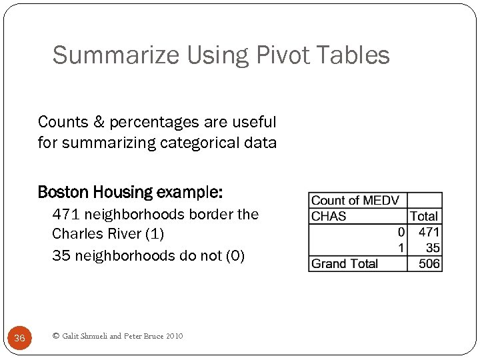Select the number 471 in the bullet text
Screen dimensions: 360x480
pyautogui.click(x=66, y=214)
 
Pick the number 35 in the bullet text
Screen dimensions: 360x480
pyautogui.click(x=61, y=255)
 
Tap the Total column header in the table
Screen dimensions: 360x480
pyautogui.click(x=424, y=216)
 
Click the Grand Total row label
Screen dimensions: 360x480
pyautogui.click(x=345, y=263)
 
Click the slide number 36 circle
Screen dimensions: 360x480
pyautogui.click(x=19, y=338)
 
